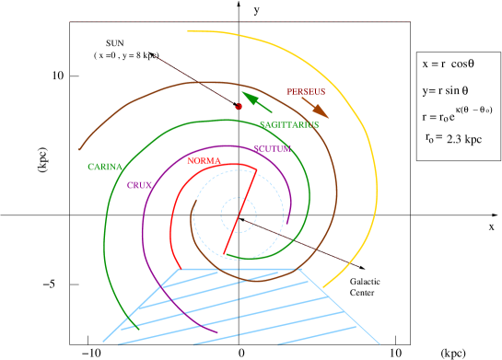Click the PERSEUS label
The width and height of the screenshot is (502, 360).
(306, 92)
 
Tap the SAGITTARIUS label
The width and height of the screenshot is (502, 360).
(288, 124)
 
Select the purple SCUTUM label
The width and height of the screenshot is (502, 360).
(272, 148)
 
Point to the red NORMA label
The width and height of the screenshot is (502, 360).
(204, 161)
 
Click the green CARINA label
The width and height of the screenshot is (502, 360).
(105, 167)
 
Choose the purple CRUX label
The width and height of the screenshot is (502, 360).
(139, 185)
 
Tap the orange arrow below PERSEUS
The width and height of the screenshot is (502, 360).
(316, 107)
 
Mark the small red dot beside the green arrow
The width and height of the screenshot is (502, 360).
(239, 107)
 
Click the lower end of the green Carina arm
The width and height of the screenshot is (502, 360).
(137, 327)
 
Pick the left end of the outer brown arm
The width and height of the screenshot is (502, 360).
(81, 147)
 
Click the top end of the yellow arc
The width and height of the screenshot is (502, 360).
(189, 31)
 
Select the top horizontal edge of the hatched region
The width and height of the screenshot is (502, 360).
(239, 269)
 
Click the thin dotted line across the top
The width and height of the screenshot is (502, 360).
(239, 21)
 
